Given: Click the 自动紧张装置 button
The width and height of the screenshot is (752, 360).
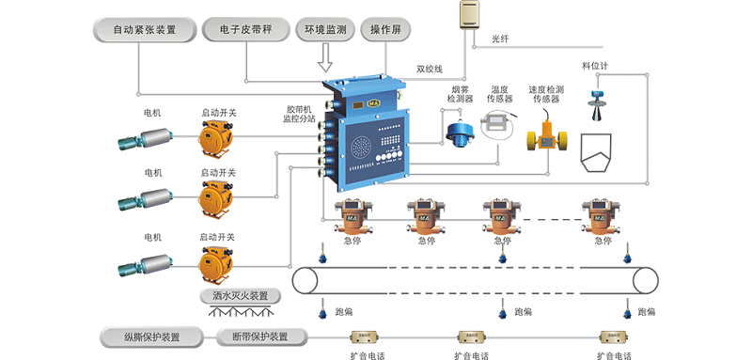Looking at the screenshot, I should (144, 30).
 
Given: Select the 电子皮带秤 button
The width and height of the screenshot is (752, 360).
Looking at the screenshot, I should (245, 30).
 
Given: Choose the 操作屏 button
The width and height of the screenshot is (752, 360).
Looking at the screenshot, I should (386, 30).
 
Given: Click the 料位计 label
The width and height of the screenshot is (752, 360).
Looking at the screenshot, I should (595, 67).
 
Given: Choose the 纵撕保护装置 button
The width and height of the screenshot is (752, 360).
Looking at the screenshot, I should (151, 337).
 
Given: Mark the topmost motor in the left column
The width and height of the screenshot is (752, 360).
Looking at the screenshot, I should (142, 138).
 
